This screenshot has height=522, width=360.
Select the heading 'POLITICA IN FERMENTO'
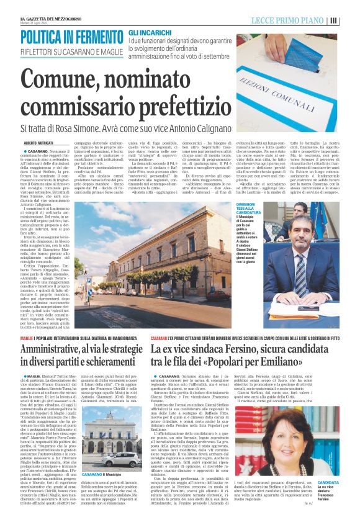click(71, 37)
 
